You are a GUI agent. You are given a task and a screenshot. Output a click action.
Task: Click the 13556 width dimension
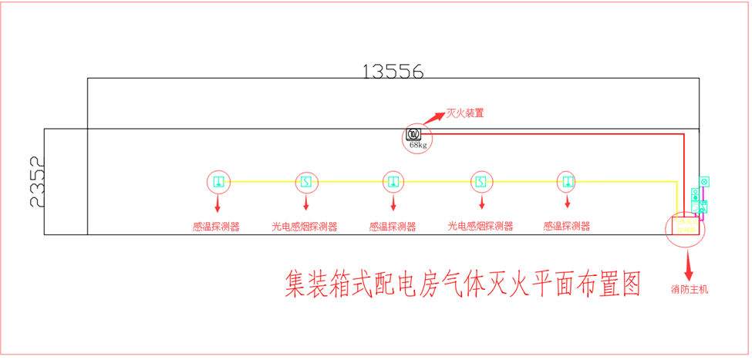coord(393,72)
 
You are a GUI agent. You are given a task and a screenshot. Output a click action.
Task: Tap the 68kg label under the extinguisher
coord(418,145)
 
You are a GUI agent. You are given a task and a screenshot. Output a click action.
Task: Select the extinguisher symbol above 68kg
coord(413,135)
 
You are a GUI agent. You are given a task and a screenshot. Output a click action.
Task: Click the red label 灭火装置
coord(465,113)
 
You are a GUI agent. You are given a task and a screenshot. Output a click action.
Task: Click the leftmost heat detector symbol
coord(219,182)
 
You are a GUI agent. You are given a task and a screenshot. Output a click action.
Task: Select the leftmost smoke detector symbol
coord(306,182)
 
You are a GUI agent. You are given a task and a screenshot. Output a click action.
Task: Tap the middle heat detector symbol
coord(393,182)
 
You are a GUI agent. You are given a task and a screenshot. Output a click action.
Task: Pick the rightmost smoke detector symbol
coord(481,182)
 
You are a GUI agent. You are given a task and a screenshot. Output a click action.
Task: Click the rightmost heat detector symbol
coord(568,182)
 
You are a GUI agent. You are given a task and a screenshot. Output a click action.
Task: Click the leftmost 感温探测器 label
coord(216,227)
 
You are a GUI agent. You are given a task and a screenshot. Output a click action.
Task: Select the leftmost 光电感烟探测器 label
coord(305,227)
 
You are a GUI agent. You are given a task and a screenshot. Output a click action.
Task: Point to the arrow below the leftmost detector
coord(218,204)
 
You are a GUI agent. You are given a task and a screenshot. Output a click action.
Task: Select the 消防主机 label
coord(689,290)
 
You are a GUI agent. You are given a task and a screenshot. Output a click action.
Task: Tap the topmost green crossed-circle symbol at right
coord(703,181)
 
